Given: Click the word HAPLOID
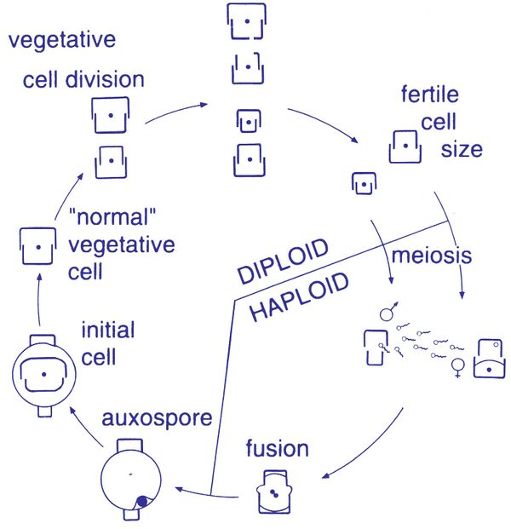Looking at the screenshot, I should [x=299, y=298].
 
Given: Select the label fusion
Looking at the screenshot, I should [x=277, y=448].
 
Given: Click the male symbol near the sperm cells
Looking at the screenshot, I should [x=388, y=312].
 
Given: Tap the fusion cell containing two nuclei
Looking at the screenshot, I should [x=276, y=492].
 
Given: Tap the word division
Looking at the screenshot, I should [x=107, y=80].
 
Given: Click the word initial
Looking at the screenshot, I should [x=107, y=329].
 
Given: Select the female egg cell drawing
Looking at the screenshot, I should [x=489, y=359].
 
